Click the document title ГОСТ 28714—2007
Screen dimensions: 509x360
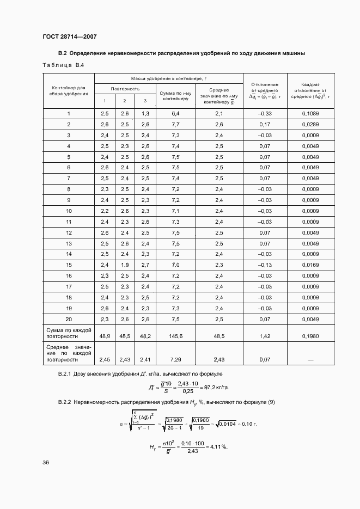[70, 36]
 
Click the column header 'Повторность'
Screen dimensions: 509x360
[125, 89]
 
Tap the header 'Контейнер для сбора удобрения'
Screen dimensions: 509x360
[69, 90]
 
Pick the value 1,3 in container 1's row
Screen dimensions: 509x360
[145, 113]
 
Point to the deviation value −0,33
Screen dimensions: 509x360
[265, 113]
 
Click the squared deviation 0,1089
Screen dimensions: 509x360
[310, 113]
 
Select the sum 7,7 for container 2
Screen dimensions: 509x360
[175, 124]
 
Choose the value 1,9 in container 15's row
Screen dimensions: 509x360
[124, 265]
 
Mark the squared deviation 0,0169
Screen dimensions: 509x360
[310, 265]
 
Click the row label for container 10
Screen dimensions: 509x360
[69, 211]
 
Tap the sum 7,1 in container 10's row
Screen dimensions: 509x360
[175, 211]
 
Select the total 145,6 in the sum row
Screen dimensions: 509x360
[175, 336]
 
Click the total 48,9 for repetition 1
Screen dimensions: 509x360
[105, 336]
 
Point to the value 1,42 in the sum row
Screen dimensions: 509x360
[265, 336]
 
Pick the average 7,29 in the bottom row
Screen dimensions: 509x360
[175, 360]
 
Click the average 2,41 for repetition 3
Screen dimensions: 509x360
[145, 360]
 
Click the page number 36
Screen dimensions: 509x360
[46, 463]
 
